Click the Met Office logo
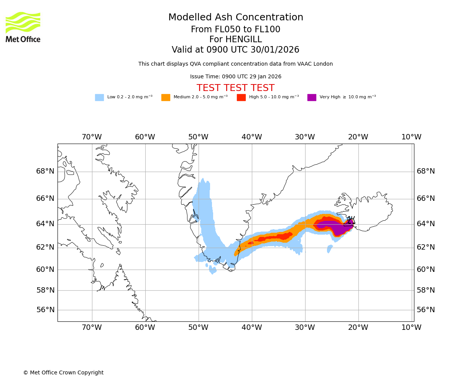[23, 27]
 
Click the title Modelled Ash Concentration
[235, 18]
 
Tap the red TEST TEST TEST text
[235, 88]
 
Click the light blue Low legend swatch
[99, 98]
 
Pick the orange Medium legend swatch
[166, 98]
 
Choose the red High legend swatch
[241, 98]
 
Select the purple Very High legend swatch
[312, 98]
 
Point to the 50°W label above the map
[198, 137]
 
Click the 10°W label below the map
[411, 328]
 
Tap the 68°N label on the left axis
[45, 171]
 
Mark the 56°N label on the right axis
[426, 310]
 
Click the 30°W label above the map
[305, 137]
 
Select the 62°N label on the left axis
[45, 247]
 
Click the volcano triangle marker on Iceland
[351, 221]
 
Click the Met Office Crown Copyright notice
[63, 373]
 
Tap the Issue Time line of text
[235, 77]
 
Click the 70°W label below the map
[92, 328]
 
